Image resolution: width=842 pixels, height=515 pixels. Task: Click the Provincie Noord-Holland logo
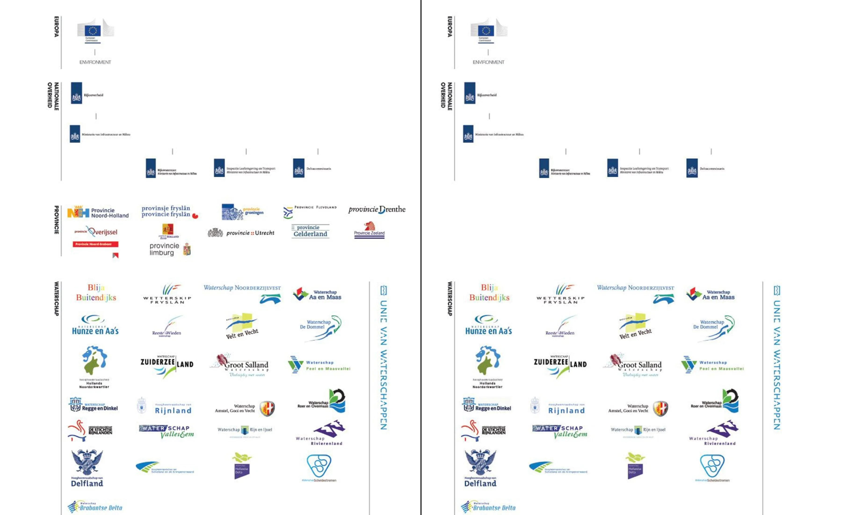[x=98, y=213]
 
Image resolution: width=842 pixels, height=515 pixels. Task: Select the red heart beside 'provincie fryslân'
[x=195, y=216]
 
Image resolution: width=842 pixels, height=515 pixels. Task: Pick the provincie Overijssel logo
[x=96, y=232]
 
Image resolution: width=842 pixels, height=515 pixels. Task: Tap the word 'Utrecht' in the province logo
[x=265, y=233]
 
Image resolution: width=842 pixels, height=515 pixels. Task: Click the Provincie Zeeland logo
[x=369, y=230]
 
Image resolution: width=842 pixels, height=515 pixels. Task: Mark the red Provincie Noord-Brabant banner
[x=95, y=244]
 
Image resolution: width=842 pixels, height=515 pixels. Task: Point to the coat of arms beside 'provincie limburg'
[x=187, y=249]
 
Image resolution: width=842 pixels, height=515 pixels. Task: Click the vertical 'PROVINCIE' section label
[x=56, y=220]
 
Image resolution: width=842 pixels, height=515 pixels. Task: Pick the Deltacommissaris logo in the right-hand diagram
[x=705, y=168]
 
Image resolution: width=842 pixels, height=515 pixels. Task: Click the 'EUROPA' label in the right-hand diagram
[x=450, y=27]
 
